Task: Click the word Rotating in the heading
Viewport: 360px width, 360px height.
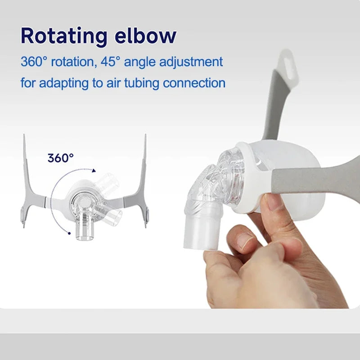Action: coord(64,36)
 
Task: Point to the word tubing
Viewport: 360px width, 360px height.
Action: coord(142,83)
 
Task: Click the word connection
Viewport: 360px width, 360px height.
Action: coord(194,83)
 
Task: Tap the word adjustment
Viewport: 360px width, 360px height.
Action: coord(191,62)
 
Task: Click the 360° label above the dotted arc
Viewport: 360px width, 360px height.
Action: coord(61,158)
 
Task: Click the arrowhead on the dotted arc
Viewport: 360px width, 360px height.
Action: coord(94,170)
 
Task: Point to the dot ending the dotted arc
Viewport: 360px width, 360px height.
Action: coord(69,233)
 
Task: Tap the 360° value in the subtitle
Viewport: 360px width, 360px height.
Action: coord(34,62)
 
